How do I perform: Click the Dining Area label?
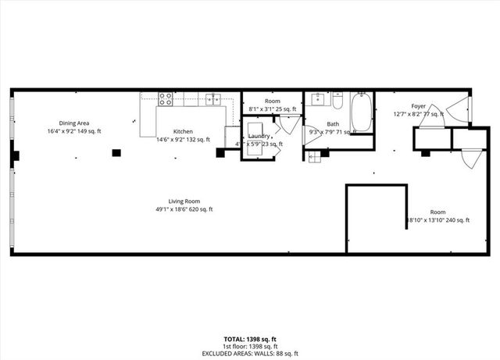pos(73,123)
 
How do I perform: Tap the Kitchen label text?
pos(183,131)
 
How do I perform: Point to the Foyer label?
pos(419,106)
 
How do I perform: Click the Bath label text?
pos(333,124)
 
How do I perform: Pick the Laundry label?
pos(259,136)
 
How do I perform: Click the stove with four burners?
pos(166,99)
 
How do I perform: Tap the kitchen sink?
pos(212,99)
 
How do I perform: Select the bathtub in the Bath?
pos(362,112)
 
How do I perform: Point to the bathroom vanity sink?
pos(317,99)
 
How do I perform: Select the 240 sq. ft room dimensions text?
pos(439,220)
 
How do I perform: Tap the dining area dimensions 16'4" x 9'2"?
pos(73,131)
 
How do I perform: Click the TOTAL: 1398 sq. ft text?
pos(250,338)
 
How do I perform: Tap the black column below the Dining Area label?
pos(116,153)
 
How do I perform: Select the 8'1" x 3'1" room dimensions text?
pos(272,110)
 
